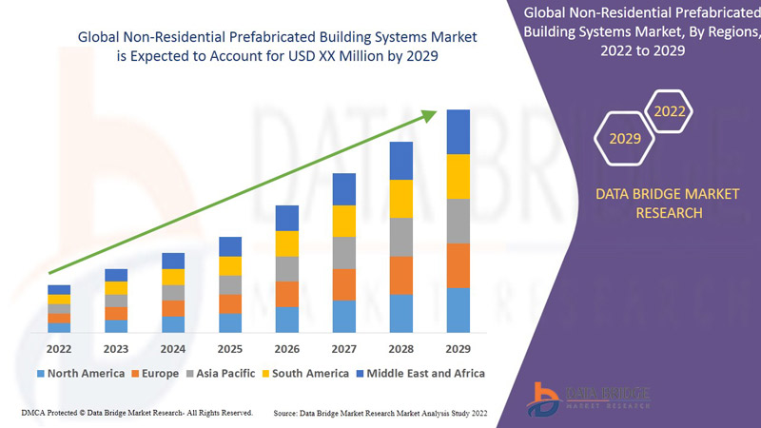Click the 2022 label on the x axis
click(x=59, y=348)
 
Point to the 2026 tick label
click(x=287, y=348)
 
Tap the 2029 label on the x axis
click(x=459, y=348)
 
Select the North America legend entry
click(x=80, y=373)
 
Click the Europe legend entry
click(x=155, y=373)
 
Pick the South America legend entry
click(x=303, y=373)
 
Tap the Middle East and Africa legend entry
click(x=420, y=373)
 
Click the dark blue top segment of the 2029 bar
click(x=459, y=131)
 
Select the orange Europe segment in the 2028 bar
click(x=401, y=275)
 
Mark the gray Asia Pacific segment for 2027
click(x=344, y=252)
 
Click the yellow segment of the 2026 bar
click(x=287, y=243)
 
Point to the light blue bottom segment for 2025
click(x=230, y=322)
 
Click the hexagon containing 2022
click(x=670, y=111)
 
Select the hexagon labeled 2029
click(x=625, y=139)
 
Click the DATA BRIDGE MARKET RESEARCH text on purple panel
click(x=653, y=204)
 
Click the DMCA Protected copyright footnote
click(x=136, y=413)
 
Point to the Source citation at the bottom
click(x=381, y=414)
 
